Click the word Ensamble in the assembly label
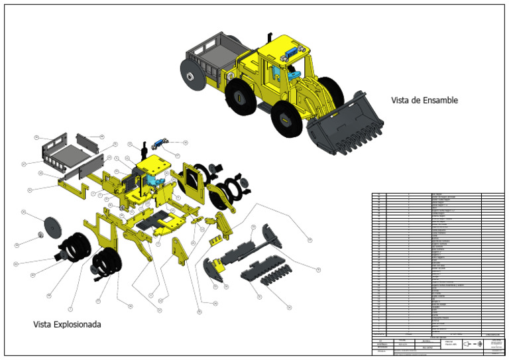[x=437, y=101]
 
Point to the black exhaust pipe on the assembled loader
[x=269, y=36]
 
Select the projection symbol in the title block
[x=473, y=344]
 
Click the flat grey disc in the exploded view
[x=51, y=227]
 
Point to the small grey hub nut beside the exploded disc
[x=40, y=234]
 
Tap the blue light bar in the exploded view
[x=160, y=143]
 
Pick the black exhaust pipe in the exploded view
[x=144, y=149]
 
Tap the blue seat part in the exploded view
[x=154, y=180]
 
